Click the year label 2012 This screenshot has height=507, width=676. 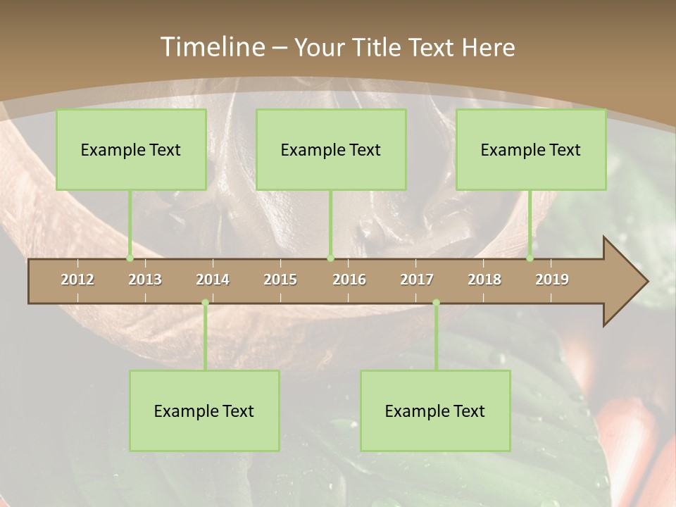tap(77, 280)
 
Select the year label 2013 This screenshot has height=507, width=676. tap(145, 280)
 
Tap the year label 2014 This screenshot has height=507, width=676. tap(213, 280)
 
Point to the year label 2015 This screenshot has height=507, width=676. tap(280, 280)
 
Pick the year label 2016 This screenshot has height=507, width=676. tap(349, 280)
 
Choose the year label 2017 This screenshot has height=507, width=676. tap(417, 280)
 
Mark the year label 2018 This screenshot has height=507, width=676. tap(484, 280)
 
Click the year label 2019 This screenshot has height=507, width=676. tap(552, 280)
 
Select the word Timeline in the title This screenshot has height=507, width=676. tap(211, 47)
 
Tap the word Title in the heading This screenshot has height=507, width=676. tap(378, 48)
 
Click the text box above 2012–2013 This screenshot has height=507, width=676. tap(131, 149)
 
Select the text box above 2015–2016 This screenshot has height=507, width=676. tap(331, 149)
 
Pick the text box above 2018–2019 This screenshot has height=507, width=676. tap(531, 149)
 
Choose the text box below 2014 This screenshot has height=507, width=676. tap(204, 411)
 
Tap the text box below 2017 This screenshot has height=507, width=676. tap(435, 411)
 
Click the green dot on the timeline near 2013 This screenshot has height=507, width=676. tap(130, 258)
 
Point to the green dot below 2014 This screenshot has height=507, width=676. tap(205, 303)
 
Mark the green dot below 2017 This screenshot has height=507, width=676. tap(436, 303)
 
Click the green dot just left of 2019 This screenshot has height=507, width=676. tap(530, 258)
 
